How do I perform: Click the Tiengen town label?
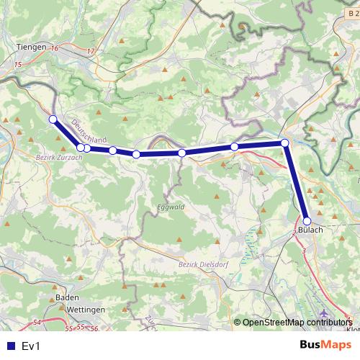point(30,46)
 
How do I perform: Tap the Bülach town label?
point(310,230)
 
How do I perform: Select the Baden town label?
point(67,297)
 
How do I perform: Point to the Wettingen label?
point(85,309)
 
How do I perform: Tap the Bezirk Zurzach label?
point(55,154)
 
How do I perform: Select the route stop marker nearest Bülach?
point(307,221)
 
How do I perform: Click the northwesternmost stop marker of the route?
point(53,120)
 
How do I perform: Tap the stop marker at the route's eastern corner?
point(285,143)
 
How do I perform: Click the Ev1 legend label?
point(32,346)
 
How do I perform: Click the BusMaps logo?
point(325,345)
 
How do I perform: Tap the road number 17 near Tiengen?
point(90,51)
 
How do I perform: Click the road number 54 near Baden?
point(37,322)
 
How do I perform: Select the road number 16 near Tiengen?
point(54,48)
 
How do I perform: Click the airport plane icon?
point(324,314)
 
